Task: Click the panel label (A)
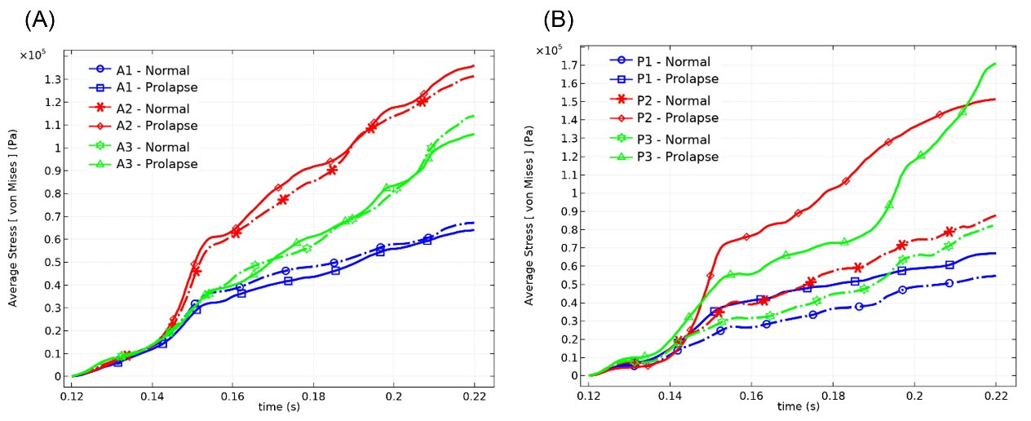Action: coord(40,20)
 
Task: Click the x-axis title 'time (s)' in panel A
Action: coord(274,406)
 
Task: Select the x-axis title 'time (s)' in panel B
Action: coord(791,406)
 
